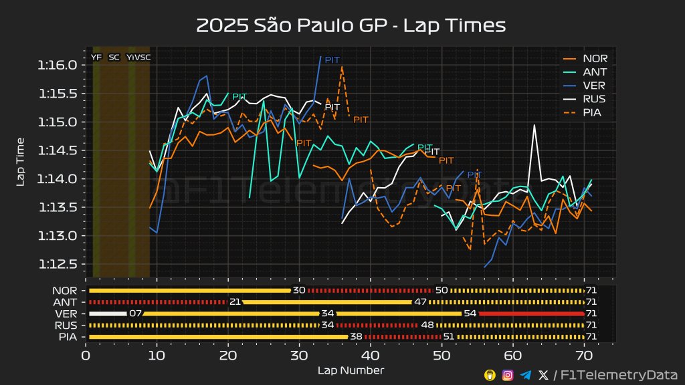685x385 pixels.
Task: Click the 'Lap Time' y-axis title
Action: (x=21, y=162)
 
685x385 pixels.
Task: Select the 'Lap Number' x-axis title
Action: (x=350, y=370)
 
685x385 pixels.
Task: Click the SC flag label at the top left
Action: (x=114, y=57)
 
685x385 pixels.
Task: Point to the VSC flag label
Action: (x=142, y=57)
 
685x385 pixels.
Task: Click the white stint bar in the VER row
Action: (x=107, y=313)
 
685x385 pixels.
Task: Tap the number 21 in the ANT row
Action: (x=235, y=302)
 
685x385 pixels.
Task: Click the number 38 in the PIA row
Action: (x=356, y=336)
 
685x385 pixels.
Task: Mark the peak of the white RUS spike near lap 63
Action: (x=534, y=125)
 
